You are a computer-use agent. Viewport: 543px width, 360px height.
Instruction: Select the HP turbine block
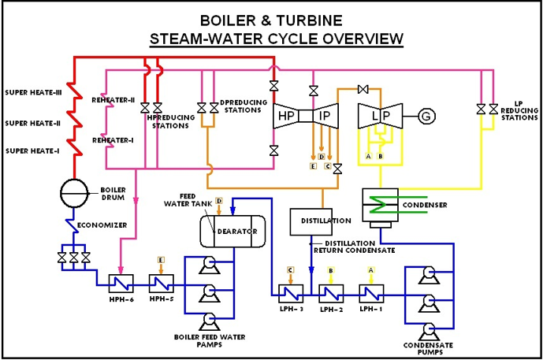(x=285, y=117)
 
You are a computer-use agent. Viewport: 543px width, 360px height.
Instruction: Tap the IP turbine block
(x=324, y=117)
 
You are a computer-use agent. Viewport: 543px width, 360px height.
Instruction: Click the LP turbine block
(x=375, y=117)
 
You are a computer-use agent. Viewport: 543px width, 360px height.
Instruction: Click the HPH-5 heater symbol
(x=162, y=282)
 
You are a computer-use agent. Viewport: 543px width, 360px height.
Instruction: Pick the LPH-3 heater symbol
(x=289, y=294)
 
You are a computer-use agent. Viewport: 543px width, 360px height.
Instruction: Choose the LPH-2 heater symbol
(x=330, y=294)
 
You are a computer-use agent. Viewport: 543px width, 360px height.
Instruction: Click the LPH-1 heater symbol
(x=370, y=294)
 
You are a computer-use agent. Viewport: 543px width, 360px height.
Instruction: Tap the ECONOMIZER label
(x=106, y=225)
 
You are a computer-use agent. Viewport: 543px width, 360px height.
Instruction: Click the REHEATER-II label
(x=113, y=100)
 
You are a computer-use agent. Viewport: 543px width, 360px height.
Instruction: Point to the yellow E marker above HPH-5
(x=162, y=261)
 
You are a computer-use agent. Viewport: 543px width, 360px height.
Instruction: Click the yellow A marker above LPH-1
(x=370, y=270)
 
